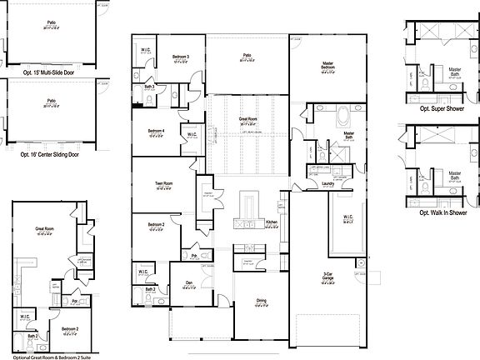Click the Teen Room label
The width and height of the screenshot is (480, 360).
point(163,183)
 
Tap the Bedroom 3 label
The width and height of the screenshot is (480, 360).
point(181,56)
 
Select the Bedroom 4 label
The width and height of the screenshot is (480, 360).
point(156,131)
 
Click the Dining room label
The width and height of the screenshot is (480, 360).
point(260,301)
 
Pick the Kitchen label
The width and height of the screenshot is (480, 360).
point(271,222)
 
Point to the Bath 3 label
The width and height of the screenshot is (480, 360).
point(148,86)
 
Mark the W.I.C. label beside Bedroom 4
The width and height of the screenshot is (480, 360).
point(191,133)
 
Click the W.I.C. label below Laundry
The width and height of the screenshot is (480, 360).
point(348,218)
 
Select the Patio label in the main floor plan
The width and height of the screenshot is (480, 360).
point(247,56)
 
